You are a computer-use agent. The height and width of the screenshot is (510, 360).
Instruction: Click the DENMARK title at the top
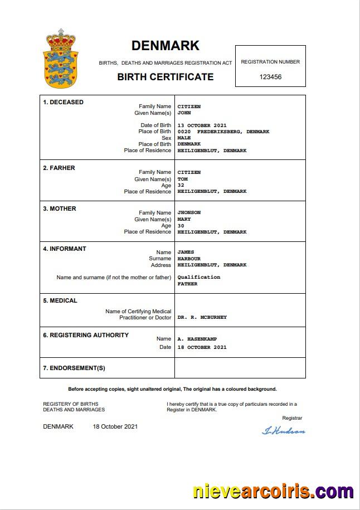(x=165, y=46)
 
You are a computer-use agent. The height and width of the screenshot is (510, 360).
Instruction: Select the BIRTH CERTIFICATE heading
(x=165, y=77)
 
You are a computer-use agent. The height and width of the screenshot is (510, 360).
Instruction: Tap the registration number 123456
(x=270, y=77)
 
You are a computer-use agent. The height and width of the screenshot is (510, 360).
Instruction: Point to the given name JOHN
(x=184, y=113)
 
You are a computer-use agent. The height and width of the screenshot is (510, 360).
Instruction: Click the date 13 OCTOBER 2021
(x=202, y=125)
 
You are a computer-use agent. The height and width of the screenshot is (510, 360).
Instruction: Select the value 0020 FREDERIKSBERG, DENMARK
(x=223, y=132)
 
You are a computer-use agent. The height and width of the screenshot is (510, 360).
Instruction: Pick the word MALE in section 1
(x=184, y=138)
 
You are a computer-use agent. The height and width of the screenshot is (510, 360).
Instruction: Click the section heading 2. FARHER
(x=59, y=168)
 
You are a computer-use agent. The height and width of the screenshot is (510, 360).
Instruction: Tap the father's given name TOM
(x=182, y=179)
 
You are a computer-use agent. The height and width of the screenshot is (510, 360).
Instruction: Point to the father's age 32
(x=181, y=185)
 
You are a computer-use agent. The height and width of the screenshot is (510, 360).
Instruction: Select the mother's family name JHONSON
(x=189, y=212)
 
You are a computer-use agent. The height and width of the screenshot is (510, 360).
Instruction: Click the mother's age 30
(x=181, y=226)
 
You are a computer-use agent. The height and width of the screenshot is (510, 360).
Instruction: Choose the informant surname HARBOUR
(x=189, y=259)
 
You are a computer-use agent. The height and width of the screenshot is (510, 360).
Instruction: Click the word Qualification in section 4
(x=198, y=277)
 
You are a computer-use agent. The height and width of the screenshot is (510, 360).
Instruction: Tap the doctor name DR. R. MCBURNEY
(x=202, y=317)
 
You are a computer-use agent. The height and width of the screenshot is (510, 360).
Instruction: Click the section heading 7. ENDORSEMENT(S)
(x=74, y=368)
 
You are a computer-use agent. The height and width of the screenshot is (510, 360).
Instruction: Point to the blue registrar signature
(x=283, y=430)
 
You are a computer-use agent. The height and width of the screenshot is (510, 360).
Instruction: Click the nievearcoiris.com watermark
(x=273, y=492)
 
